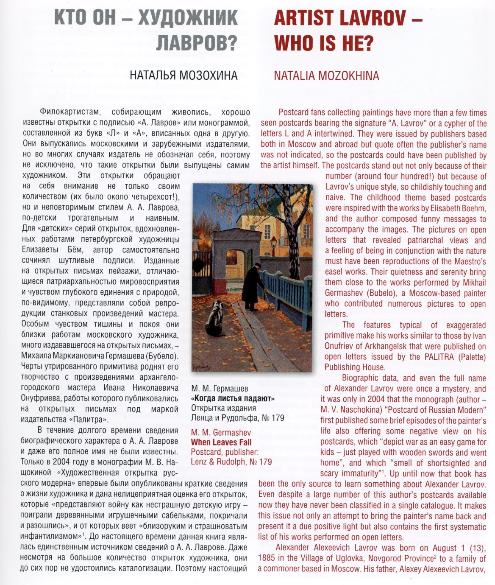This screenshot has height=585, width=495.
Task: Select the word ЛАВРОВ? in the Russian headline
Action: pos(197,43)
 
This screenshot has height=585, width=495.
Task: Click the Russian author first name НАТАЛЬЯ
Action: pos(153,76)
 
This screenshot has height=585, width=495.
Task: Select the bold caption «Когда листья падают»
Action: pos(233,398)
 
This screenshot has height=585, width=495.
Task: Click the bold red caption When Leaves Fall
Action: pos(221,442)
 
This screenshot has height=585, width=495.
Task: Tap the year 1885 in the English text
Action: pos(267,559)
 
